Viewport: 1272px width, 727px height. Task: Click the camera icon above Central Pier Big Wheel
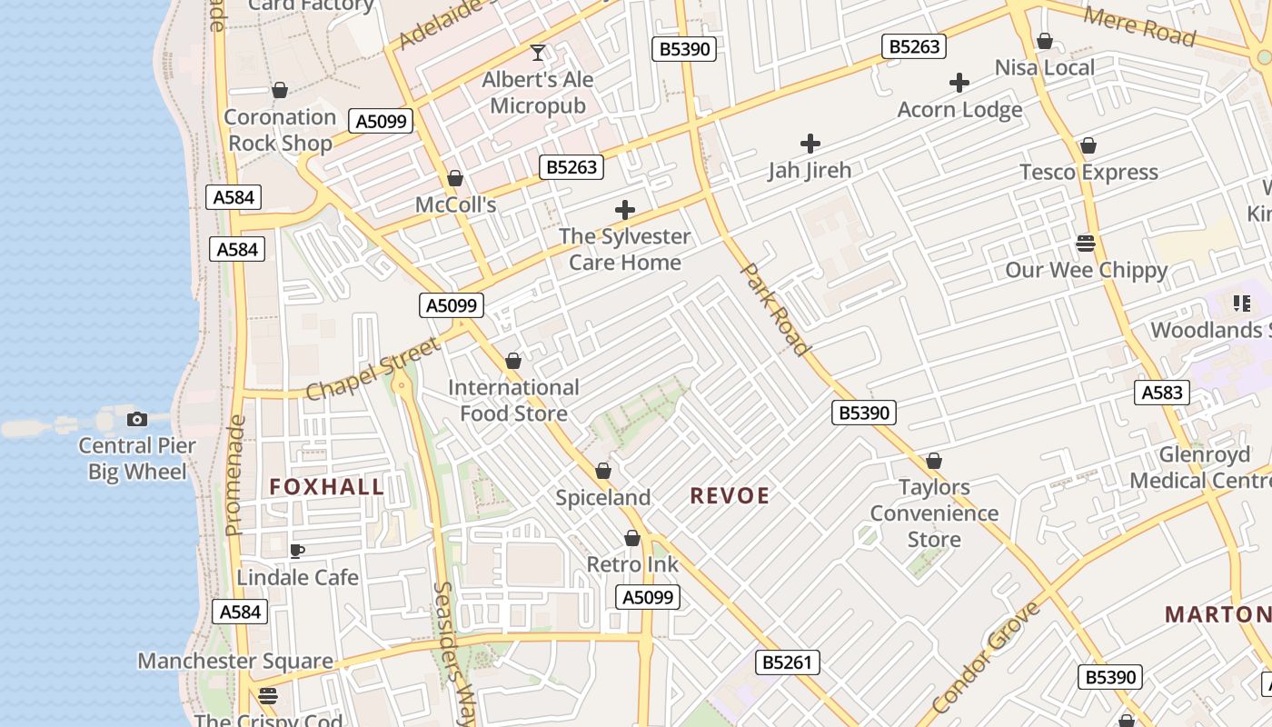pyautogui.click(x=137, y=419)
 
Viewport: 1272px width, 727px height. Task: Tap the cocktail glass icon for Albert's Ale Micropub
pyautogui.click(x=538, y=53)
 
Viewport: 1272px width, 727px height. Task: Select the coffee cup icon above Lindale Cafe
pyautogui.click(x=296, y=551)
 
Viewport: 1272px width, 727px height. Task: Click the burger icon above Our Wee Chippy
pyautogui.click(x=1085, y=243)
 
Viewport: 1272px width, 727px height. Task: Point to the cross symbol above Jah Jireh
pyautogui.click(x=810, y=144)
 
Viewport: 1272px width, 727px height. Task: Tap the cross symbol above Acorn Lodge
pyautogui.click(x=959, y=84)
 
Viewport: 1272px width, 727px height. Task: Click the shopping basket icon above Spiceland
pyautogui.click(x=602, y=472)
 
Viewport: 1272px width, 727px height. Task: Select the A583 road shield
pyautogui.click(x=1162, y=393)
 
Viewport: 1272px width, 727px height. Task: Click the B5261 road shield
pyautogui.click(x=787, y=662)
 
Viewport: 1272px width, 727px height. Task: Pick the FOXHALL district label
pyautogui.click(x=327, y=487)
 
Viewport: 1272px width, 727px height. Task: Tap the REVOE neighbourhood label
pyautogui.click(x=730, y=495)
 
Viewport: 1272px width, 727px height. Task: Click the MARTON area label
pyautogui.click(x=1217, y=614)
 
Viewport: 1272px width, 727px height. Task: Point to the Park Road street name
pyautogui.click(x=775, y=309)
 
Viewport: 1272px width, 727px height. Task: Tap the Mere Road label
pyautogui.click(x=1139, y=25)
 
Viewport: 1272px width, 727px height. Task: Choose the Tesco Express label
pyautogui.click(x=1088, y=172)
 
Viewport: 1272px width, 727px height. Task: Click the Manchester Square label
pyautogui.click(x=235, y=661)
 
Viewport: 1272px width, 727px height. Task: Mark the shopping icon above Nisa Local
pyautogui.click(x=1045, y=42)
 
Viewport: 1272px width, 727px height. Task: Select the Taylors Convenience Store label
pyautogui.click(x=934, y=513)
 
